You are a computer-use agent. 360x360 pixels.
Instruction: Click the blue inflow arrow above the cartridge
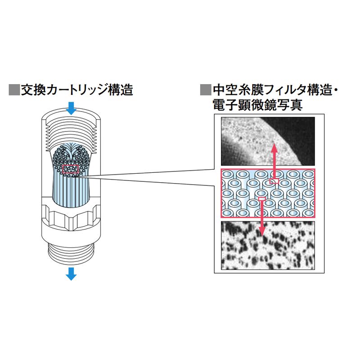tap(71, 108)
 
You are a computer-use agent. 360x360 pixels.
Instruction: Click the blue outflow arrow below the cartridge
tap(71, 273)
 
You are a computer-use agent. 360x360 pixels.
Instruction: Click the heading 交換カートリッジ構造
tap(76, 90)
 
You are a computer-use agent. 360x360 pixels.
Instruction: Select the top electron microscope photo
tap(267, 141)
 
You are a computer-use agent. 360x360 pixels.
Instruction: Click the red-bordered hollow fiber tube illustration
tap(267, 194)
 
